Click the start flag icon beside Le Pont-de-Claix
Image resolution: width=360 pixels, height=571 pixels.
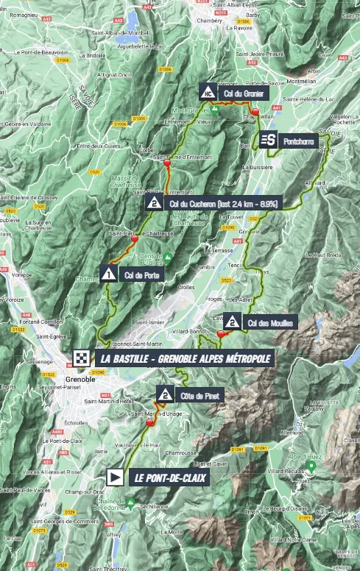(x=116, y=477)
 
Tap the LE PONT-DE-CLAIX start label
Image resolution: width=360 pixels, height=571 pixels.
(x=170, y=478)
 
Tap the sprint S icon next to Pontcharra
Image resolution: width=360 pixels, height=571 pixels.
(x=268, y=140)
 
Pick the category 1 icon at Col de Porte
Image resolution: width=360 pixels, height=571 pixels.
(x=109, y=274)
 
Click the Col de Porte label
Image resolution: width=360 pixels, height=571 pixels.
(x=140, y=275)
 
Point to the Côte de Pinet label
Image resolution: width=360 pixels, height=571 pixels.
(x=197, y=396)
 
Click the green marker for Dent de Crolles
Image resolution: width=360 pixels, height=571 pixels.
(x=168, y=258)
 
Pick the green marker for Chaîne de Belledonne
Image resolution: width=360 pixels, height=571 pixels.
(x=130, y=504)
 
